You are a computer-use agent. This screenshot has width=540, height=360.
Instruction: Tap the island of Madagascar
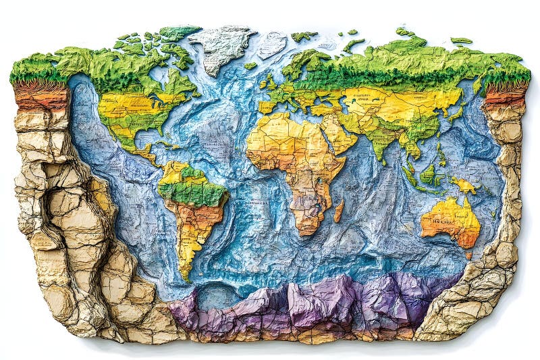pos(338,210)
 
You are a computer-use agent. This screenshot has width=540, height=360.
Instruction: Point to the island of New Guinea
pos(464,184)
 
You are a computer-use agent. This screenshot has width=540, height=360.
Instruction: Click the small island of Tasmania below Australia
pos(468,255)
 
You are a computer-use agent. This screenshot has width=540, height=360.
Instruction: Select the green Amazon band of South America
pos(192,193)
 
